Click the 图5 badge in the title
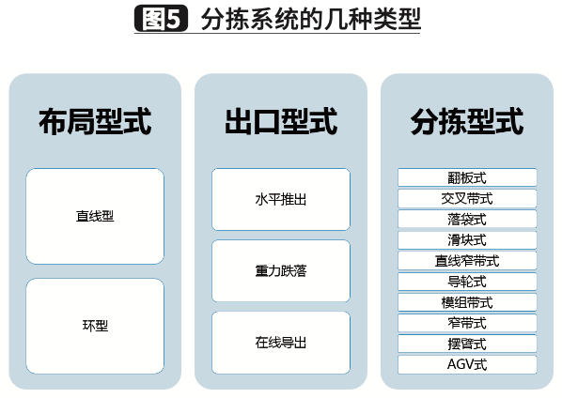(x=161, y=18)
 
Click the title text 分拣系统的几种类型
(x=311, y=19)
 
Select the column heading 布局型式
(x=95, y=122)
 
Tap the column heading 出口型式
(x=281, y=122)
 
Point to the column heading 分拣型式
(x=467, y=122)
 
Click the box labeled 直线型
(x=95, y=216)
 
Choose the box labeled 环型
(x=95, y=326)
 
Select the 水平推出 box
(x=281, y=199)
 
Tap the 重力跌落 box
(x=281, y=271)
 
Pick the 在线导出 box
(x=281, y=343)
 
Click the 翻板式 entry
(x=467, y=177)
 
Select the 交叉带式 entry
(x=467, y=198)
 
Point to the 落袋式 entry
(x=467, y=219)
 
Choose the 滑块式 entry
(x=467, y=239)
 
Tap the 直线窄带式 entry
(x=467, y=261)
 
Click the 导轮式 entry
(x=467, y=282)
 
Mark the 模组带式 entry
(x=467, y=302)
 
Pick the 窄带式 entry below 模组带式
(x=467, y=323)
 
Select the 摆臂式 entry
(x=467, y=344)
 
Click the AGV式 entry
(x=467, y=364)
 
